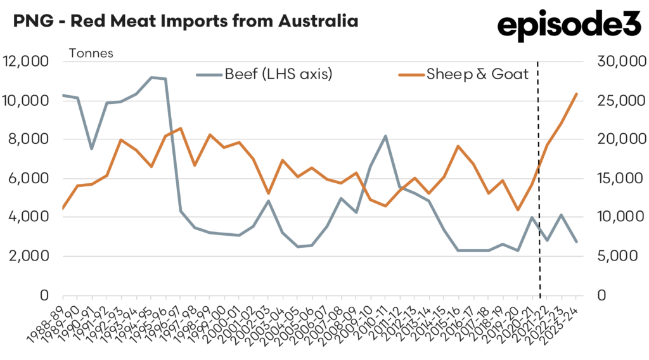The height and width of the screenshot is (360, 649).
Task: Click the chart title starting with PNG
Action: pyautogui.click(x=185, y=21)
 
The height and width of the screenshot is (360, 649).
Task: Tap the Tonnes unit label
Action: pyautogui.click(x=91, y=53)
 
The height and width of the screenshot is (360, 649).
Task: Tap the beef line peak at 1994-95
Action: pyautogui.click(x=151, y=77)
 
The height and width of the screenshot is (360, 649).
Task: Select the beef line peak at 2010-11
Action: pyautogui.click(x=385, y=136)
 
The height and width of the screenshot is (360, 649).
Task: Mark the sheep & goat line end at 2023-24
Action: pyautogui.click(x=575, y=94)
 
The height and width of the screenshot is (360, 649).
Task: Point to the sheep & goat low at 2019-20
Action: pyautogui.click(x=518, y=210)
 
